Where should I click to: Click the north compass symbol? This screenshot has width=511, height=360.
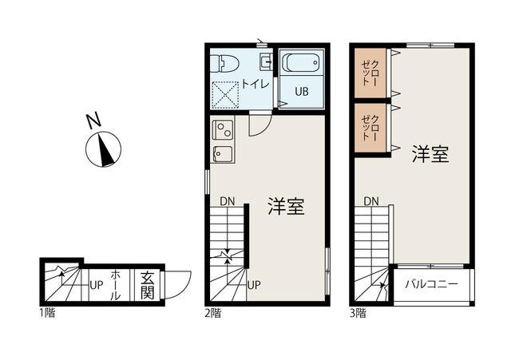point(103,149)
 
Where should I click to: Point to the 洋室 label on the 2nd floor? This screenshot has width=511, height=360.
point(285,208)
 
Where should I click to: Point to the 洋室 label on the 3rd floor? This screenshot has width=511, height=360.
point(430,154)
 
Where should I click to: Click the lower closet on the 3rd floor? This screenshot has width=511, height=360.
point(372,128)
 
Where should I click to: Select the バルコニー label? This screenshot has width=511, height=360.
point(431,283)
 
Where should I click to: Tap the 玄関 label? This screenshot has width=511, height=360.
point(148,283)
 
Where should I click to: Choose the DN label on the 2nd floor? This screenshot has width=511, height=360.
point(228,201)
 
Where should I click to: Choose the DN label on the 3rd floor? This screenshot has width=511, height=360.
point(371,201)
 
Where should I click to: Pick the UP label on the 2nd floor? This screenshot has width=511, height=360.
point(253,284)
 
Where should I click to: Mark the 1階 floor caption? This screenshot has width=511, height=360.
point(46,312)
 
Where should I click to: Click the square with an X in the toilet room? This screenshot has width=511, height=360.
point(226,95)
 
